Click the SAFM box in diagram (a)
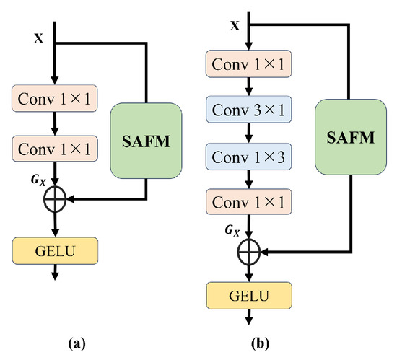pyautogui.click(x=147, y=140)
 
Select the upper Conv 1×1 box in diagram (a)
pyautogui.click(x=56, y=97)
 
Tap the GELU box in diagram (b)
pyautogui.click(x=249, y=296)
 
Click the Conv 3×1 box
pyautogui.click(x=249, y=111)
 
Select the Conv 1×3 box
pyautogui.click(x=249, y=157)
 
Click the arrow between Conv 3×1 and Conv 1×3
pyautogui.click(x=249, y=133)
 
